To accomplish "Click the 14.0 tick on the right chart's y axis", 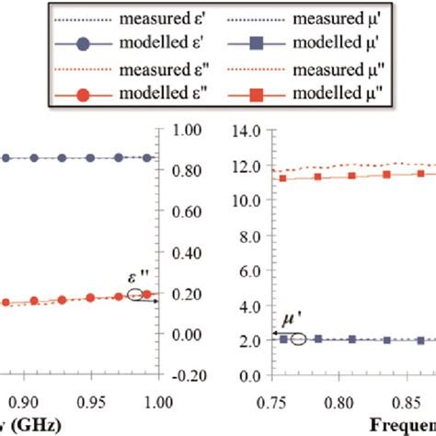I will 250,132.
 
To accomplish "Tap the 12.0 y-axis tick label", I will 250,166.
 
